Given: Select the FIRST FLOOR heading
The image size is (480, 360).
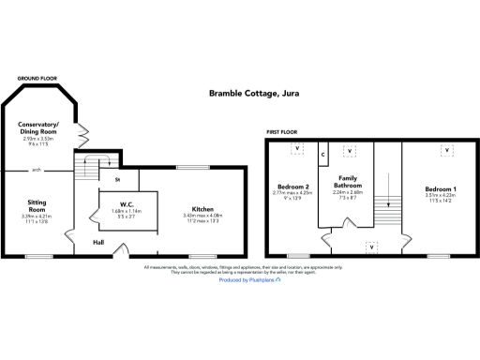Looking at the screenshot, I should (x=285, y=133).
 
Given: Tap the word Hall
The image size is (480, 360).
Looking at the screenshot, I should (x=97, y=242).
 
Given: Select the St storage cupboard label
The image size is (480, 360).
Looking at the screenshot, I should (x=118, y=178).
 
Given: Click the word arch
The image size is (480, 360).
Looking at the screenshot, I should (x=37, y=171).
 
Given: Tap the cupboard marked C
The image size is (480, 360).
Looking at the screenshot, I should (x=322, y=153).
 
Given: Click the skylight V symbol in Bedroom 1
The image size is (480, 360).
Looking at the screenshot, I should (x=447, y=149).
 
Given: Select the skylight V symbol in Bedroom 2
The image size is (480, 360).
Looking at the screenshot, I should (x=297, y=149).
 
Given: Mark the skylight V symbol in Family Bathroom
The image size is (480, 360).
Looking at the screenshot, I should (x=350, y=150).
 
